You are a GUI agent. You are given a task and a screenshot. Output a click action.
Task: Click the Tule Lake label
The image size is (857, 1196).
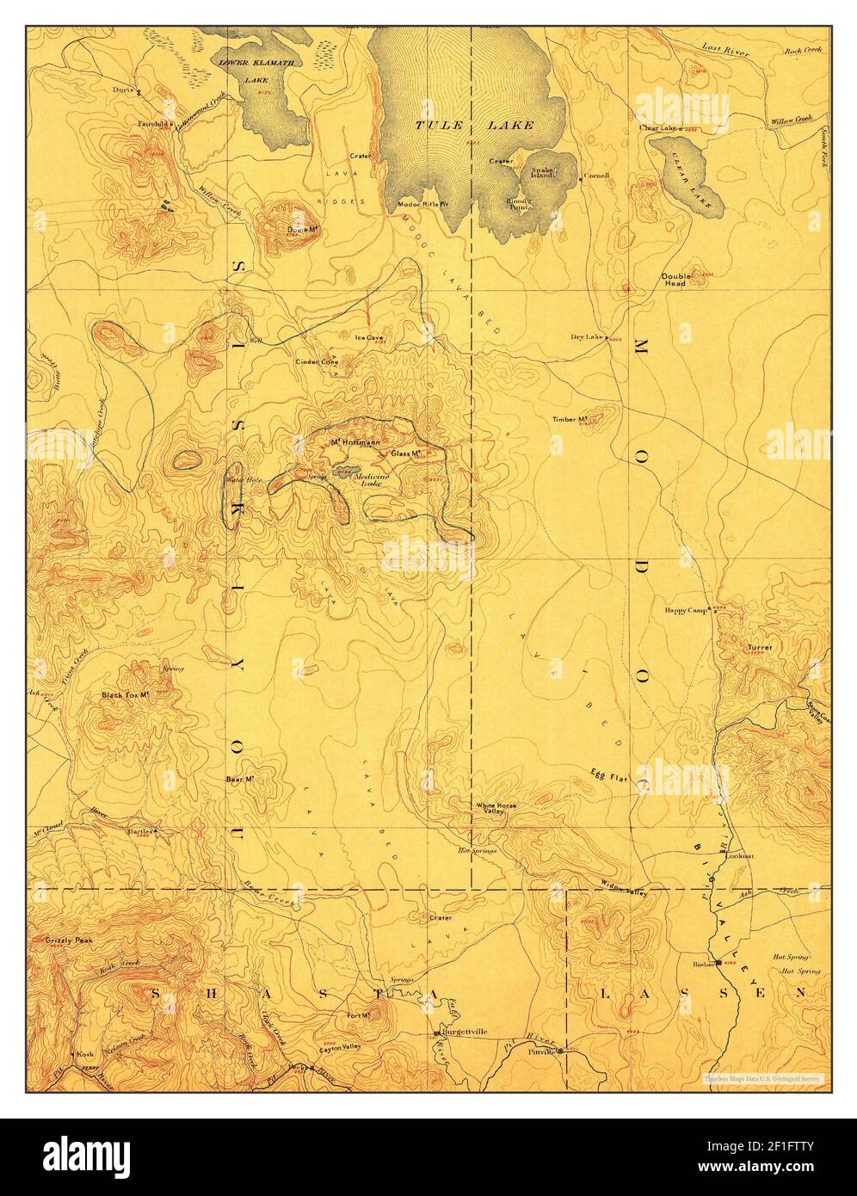click(x=475, y=125)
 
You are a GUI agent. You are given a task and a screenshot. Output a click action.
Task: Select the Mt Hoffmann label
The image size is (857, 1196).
click(x=350, y=443)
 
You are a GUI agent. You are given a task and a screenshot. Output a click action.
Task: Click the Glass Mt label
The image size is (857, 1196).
click(x=405, y=453)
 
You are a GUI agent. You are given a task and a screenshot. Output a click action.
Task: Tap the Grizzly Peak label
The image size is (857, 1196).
click(x=68, y=941)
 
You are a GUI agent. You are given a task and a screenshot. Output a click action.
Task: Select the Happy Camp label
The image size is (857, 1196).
click(x=685, y=611)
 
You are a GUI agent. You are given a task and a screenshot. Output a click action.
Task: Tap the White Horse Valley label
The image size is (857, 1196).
click(x=496, y=809)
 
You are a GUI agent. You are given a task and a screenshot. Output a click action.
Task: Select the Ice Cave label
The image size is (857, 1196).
click(x=370, y=337)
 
